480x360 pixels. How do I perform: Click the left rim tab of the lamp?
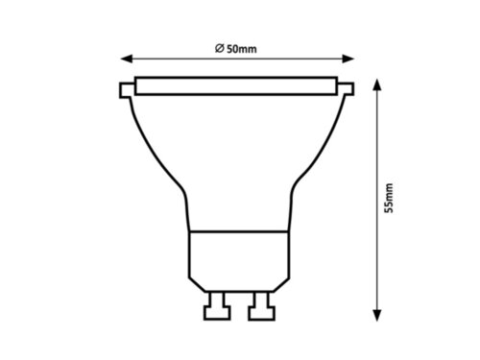tap(126, 93)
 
